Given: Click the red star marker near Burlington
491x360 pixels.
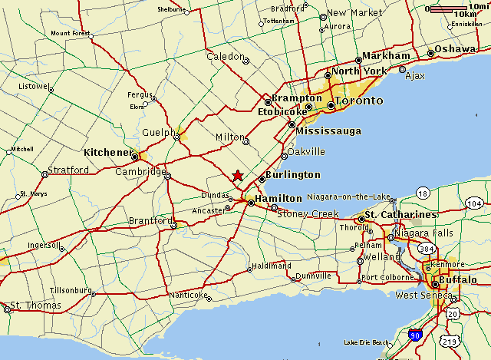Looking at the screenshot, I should [238, 176].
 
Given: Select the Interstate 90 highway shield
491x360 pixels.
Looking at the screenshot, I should [415, 335].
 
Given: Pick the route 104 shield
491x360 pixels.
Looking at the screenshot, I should [475, 203].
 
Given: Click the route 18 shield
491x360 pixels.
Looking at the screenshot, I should [423, 192].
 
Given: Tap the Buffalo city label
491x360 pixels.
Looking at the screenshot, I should [460, 279].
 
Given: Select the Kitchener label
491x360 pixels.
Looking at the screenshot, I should [108, 152].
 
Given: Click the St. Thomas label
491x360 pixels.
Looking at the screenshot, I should [35, 307].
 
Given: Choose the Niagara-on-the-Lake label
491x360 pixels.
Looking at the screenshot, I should [350, 196].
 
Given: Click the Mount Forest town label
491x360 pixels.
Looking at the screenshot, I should [71, 34].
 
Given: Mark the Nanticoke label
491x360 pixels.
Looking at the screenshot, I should [188, 295].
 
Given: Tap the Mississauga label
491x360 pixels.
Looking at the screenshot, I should [328, 131].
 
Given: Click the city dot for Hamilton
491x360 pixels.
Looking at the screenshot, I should [251, 203].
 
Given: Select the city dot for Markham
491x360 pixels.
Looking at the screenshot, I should [358, 60].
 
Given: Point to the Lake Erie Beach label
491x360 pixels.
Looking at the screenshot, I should [367, 342].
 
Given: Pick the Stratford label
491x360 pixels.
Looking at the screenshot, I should [68, 170].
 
